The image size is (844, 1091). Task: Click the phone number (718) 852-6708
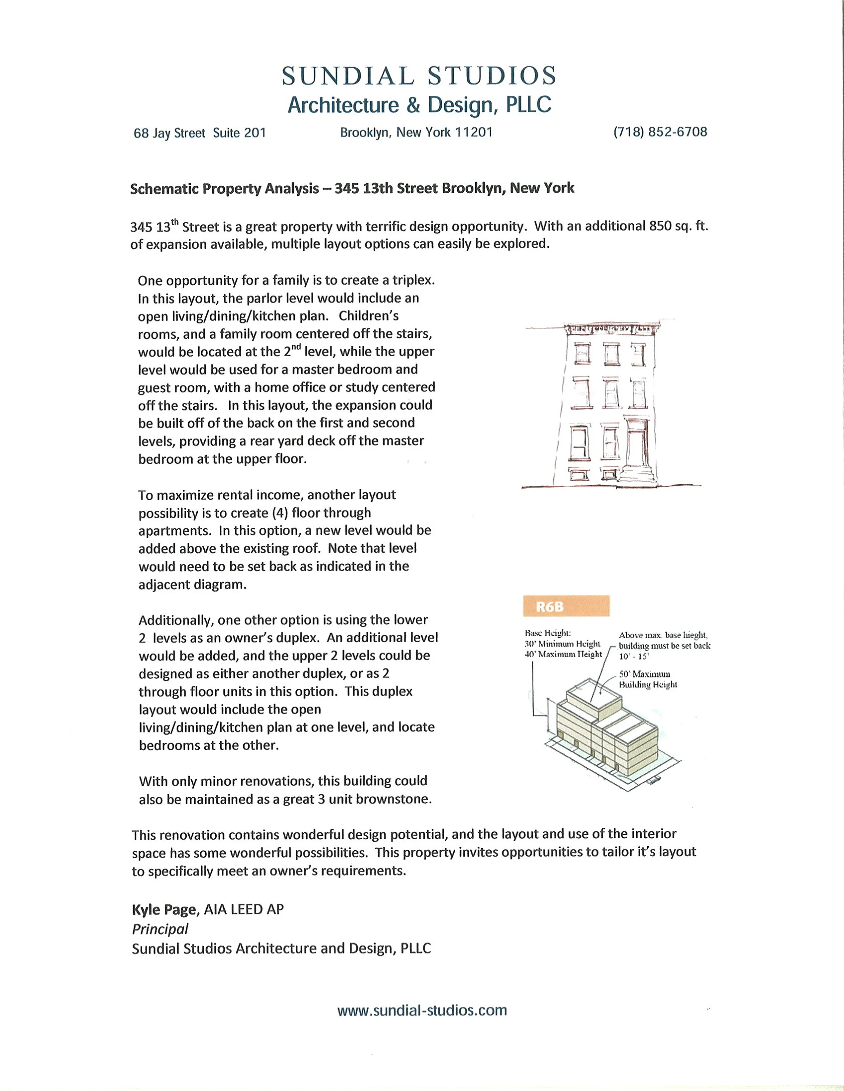[x=660, y=132]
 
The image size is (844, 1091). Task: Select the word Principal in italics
[x=160, y=929]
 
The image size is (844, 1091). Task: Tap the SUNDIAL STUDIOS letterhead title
[x=419, y=76]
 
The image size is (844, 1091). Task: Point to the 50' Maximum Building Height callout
[x=648, y=679]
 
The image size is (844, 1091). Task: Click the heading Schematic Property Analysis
[x=224, y=189]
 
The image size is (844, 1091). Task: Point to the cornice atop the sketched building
[x=608, y=328]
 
